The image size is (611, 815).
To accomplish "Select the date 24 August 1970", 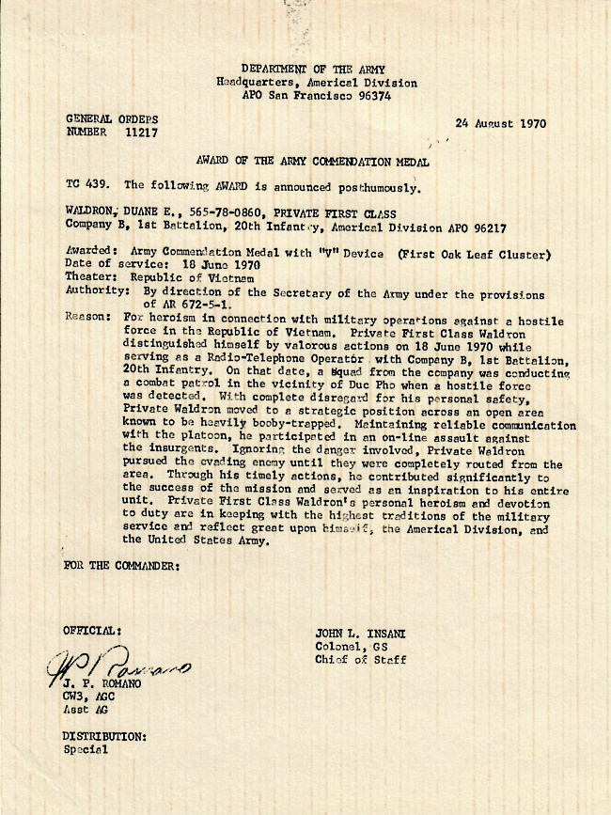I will click(500, 123).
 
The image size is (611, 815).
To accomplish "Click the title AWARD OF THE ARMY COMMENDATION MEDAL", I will click(313, 162).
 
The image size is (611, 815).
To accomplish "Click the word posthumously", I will click(369, 186).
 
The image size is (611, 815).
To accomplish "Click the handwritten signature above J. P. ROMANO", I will click(117, 667).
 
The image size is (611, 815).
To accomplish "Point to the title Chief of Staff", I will click(361, 660).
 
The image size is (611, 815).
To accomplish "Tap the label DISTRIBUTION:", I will click(104, 736).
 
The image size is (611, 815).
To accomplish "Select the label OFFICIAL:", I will click(91, 630).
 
